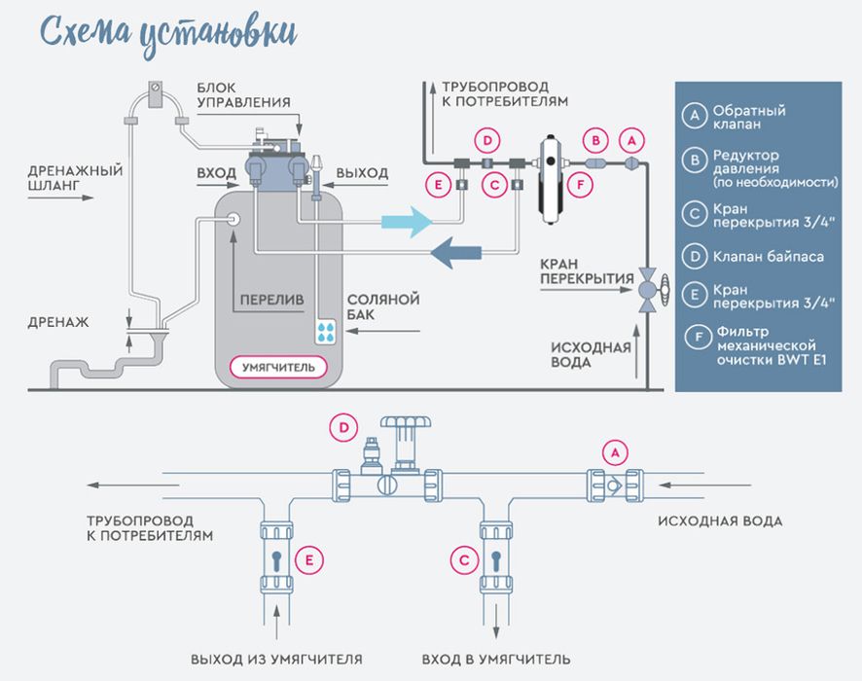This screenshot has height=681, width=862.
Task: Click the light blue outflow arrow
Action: [407, 222]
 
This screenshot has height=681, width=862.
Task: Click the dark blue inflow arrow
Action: [455, 253]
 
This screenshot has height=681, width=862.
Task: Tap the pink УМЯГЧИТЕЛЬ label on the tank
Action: [278, 367]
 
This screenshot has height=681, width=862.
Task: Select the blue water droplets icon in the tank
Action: [326, 332]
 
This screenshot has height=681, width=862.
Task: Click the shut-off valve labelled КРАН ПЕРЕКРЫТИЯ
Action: [649, 290]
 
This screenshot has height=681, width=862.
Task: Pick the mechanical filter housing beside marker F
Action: [551, 179]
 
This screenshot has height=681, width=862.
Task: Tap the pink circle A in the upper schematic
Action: [631, 141]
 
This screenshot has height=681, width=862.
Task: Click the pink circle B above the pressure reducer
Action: [595, 141]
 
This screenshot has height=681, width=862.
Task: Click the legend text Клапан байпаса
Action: [768, 257]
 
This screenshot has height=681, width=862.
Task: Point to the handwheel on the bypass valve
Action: [406, 422]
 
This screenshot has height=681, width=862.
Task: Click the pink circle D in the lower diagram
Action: [343, 428]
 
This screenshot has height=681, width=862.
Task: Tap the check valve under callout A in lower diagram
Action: [615, 485]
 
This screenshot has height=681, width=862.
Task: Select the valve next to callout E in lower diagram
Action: [276, 557]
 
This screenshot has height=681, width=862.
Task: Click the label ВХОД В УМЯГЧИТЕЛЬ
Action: [496, 659]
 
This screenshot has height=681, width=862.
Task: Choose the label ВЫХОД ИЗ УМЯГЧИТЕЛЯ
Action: [276, 659]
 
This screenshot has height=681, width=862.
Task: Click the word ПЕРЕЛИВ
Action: [271, 300]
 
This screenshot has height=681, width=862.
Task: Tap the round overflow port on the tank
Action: [233, 219]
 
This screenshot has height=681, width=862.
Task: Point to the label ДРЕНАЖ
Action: [58, 322]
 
